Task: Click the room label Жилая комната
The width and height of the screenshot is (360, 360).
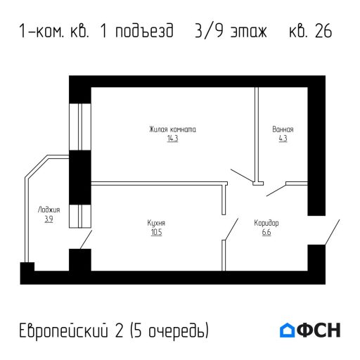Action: (x=172, y=129)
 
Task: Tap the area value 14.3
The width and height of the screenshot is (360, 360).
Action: (x=172, y=139)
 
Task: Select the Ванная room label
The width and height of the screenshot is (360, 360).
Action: (x=283, y=129)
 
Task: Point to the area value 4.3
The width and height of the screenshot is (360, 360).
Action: (x=283, y=139)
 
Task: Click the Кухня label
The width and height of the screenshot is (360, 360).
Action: (x=156, y=223)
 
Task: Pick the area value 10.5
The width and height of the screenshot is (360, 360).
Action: (x=156, y=232)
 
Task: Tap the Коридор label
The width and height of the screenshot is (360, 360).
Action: (x=266, y=223)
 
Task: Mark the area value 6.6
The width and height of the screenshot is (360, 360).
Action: (x=266, y=232)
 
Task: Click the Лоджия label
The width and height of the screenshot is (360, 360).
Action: (x=49, y=210)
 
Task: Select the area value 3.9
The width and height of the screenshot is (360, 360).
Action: (x=49, y=219)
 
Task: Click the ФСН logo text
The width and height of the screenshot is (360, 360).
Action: (x=320, y=330)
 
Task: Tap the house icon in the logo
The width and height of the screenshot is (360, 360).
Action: (x=288, y=330)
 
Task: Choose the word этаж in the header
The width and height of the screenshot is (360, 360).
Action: (x=250, y=32)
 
